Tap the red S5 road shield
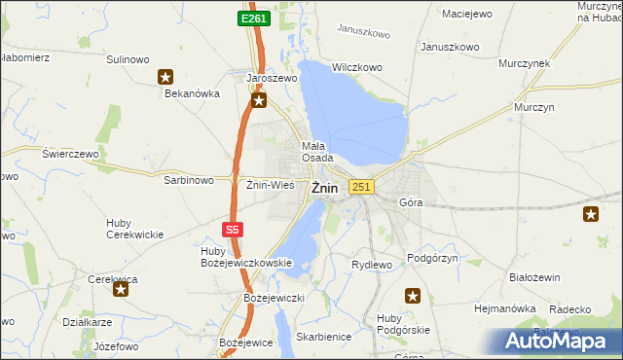(231, 230)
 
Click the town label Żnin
(325, 190)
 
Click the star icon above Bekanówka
(165, 76)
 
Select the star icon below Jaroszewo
(258, 99)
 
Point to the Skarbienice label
(324, 337)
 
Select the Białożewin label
(534, 277)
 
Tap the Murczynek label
(524, 62)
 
